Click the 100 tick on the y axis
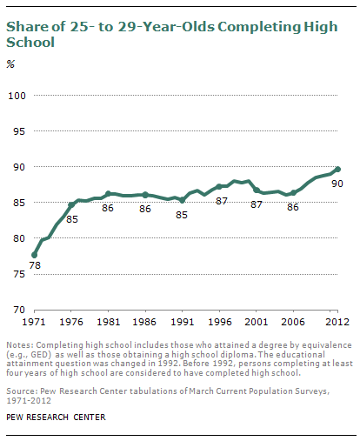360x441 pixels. [17, 95]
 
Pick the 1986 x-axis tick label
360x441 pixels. [144, 322]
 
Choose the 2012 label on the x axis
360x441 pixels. [337, 322]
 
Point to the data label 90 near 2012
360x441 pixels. [337, 184]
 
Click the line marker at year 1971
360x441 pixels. [34, 255]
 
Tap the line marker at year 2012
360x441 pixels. [337, 170]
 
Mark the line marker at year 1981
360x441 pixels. [108, 194]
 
